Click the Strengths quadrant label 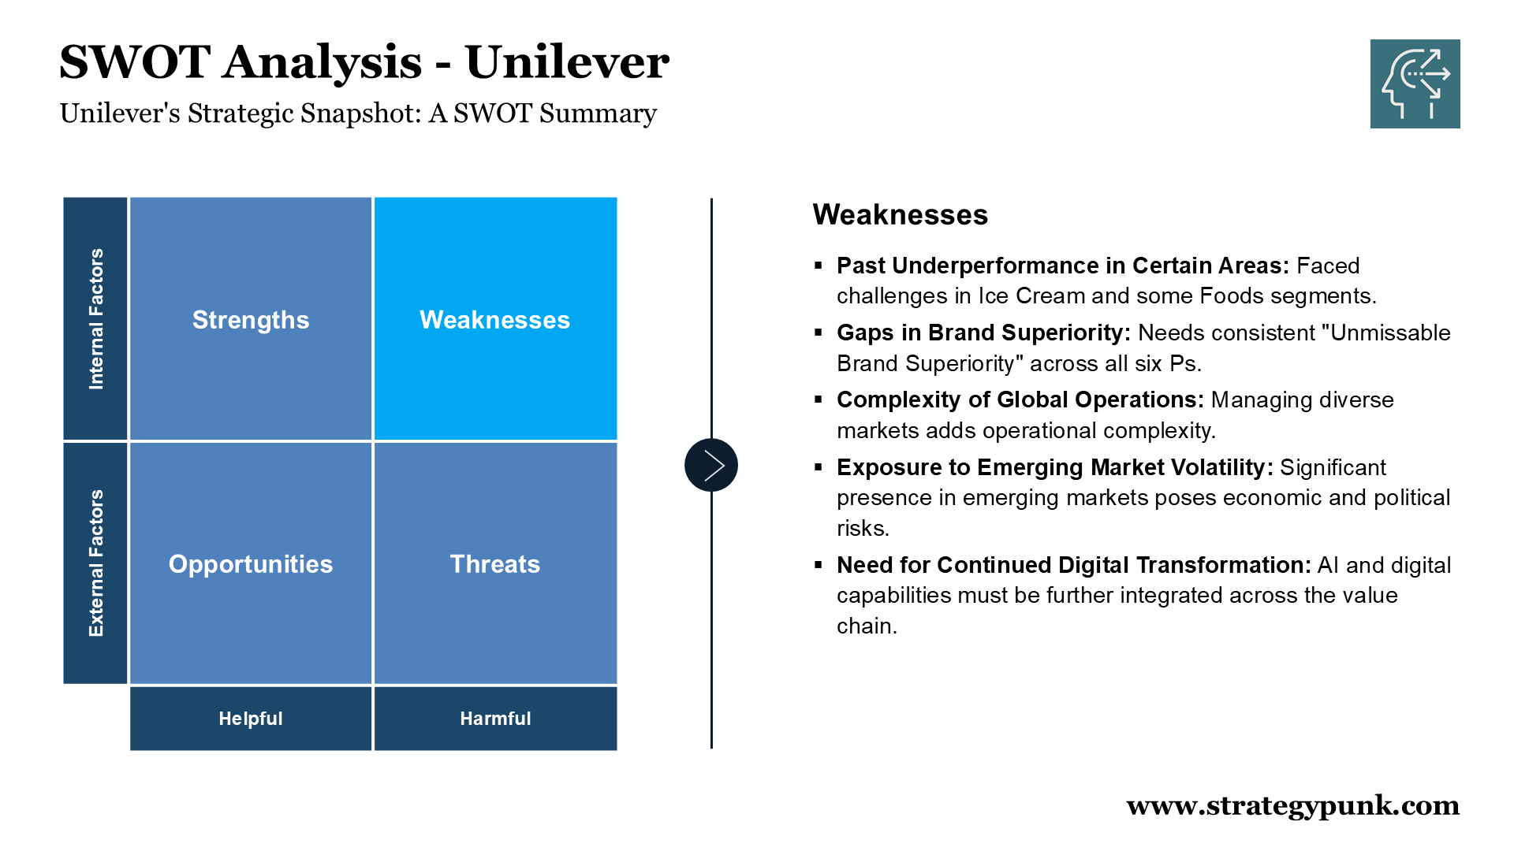251,320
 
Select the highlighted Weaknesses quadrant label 494,320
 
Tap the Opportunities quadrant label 251,564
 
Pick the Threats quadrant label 495,564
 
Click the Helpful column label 251,719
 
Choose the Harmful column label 495,719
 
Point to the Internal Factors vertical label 95,319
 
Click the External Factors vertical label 95,563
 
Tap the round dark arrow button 711,465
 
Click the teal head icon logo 1415,84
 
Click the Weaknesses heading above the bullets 901,214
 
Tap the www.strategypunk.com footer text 1293,805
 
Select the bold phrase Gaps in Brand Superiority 983,333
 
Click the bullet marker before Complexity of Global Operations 819,399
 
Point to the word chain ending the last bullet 867,626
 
